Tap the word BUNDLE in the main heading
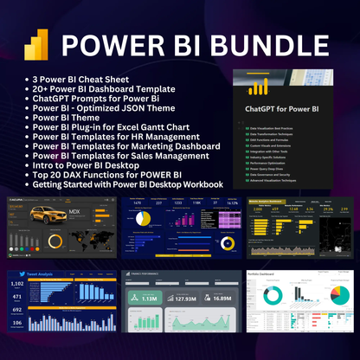click(263, 43)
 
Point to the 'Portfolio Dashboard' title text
click(269, 275)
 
